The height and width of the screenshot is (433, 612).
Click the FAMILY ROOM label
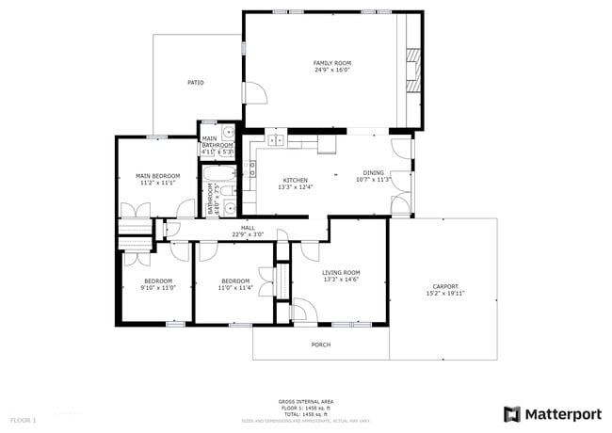point(331,63)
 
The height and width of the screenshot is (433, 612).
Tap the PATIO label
point(195,83)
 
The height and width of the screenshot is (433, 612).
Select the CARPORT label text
point(445,286)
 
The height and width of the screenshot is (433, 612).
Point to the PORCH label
point(321,345)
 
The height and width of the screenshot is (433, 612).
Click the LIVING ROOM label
point(342,272)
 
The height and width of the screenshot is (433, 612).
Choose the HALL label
point(248,228)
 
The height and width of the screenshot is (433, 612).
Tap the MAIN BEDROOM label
point(157,176)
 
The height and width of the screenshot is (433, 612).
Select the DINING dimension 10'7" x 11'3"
point(374,180)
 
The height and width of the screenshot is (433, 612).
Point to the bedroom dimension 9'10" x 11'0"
point(157,288)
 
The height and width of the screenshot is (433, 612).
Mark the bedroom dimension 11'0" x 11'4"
point(235,288)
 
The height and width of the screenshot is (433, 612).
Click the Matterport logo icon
point(512,413)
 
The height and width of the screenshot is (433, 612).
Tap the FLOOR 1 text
point(23,419)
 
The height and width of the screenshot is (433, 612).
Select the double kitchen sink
point(276,141)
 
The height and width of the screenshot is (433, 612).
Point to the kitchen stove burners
point(250,170)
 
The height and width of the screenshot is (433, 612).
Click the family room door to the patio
point(253,92)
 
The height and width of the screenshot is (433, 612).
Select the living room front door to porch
point(303,311)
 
